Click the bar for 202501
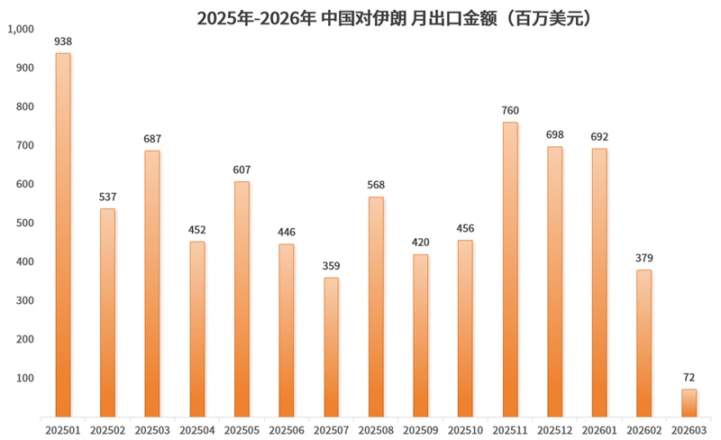[x=63, y=234]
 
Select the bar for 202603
[x=689, y=403]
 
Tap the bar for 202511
[x=510, y=270]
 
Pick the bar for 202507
[x=332, y=347]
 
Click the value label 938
[x=63, y=41]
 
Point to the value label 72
[x=689, y=378]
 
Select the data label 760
[x=510, y=111]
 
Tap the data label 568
[x=376, y=186]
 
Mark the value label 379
[x=644, y=259]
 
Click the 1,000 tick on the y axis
[x=20, y=29]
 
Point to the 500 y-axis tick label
[x=23, y=223]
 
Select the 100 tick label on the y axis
[x=23, y=378]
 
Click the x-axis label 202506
[x=287, y=431]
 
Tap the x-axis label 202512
[x=554, y=431]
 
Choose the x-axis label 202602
[x=644, y=431]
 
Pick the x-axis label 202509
[x=421, y=431]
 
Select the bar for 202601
[x=599, y=282]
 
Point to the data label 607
[x=242, y=170]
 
